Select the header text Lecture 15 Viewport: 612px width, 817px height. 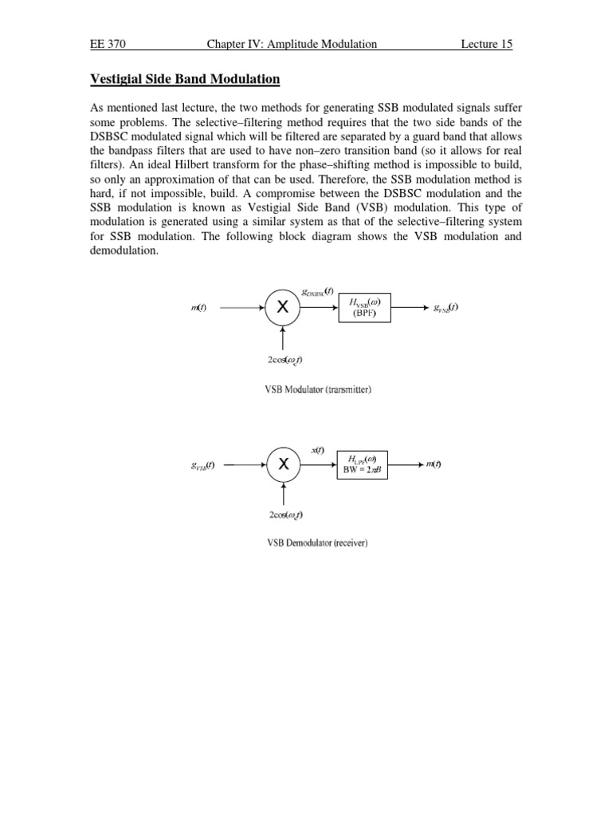click(486, 44)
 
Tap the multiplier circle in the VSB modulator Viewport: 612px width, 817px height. click(282, 308)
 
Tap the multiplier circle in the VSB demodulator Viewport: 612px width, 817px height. click(282, 464)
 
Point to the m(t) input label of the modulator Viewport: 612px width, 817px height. click(198, 309)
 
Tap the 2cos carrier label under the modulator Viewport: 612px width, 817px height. click(284, 360)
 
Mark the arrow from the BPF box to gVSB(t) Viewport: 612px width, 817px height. click(410, 308)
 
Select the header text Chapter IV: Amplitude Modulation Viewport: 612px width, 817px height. click(292, 44)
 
